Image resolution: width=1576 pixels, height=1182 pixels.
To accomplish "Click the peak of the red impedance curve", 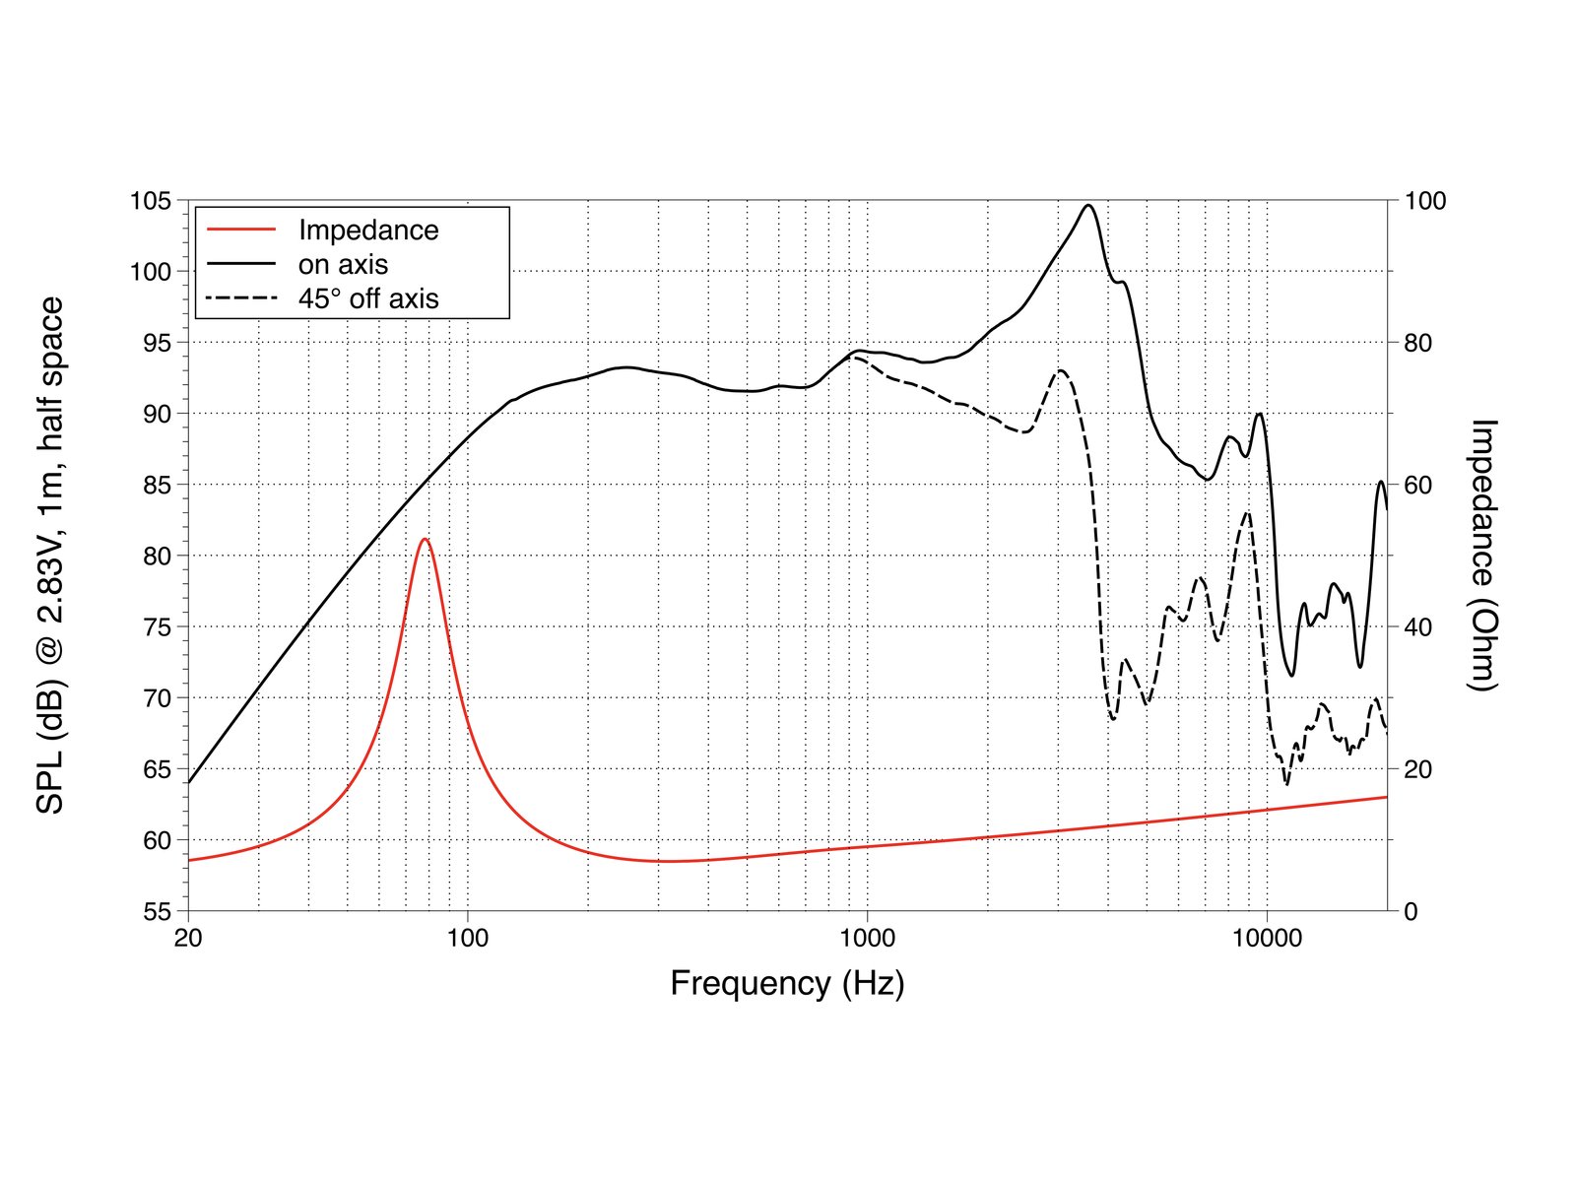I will [425, 540].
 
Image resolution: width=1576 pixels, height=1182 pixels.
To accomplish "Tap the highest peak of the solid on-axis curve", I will [1088, 206].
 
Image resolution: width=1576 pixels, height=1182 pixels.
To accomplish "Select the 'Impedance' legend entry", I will [368, 230].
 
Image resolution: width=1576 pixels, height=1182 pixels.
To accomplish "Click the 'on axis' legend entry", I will [343, 264].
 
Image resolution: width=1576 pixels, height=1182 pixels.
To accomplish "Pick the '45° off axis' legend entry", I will [368, 298].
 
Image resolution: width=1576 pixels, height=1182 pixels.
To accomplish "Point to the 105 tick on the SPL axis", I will [151, 201].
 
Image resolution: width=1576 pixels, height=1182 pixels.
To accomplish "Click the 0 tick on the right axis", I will [1411, 911].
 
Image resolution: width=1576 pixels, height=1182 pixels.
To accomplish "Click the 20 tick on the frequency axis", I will [188, 938].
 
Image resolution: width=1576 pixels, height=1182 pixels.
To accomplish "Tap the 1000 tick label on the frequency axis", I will [867, 938].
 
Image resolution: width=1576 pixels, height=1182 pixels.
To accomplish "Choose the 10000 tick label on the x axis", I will [1267, 938].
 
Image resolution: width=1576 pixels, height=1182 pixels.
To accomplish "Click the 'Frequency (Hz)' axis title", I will [787, 983].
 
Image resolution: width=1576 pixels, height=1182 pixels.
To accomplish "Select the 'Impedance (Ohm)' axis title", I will [1482, 556].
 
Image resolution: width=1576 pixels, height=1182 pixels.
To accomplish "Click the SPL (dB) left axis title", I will [50, 556].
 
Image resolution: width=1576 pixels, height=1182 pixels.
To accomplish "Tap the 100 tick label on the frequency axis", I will [467, 938].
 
